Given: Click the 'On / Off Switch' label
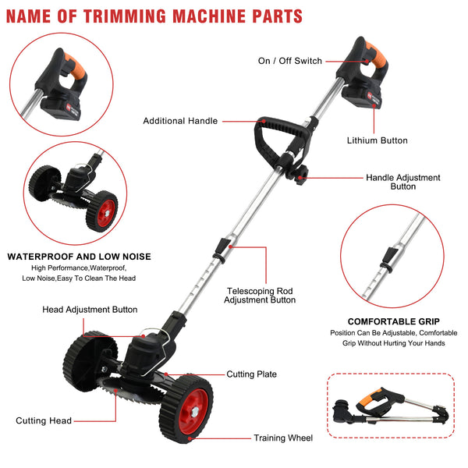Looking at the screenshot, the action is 290,61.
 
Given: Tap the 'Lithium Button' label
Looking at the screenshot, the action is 377,140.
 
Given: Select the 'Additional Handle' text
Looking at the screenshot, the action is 180,121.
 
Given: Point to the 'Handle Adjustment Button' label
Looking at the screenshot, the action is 403,182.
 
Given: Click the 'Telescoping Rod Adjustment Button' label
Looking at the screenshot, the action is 260,296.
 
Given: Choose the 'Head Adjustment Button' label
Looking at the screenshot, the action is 90,310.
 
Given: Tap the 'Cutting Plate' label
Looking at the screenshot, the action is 251,374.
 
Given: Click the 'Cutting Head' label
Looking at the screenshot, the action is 44,420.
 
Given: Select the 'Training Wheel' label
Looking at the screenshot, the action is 283,438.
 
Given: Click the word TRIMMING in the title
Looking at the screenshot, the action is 125,16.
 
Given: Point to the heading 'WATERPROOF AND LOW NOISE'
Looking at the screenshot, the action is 79,257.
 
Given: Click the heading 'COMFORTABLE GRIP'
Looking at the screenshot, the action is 394,321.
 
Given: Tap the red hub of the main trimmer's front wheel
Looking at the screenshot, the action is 193,411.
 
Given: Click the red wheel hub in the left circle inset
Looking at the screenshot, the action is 105,213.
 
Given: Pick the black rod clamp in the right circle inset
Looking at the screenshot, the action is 388,258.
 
